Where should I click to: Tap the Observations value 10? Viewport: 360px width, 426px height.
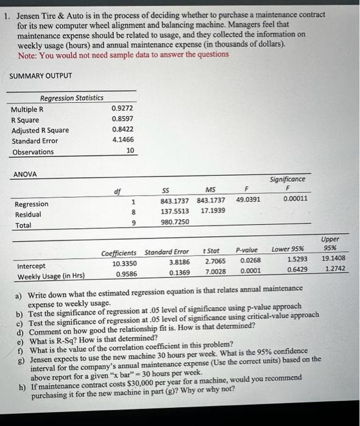[x=130, y=152]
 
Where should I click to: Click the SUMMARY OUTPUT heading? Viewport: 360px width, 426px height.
[x=40, y=75]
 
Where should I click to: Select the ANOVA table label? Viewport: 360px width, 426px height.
[x=25, y=174]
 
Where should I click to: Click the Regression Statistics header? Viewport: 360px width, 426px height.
[x=71, y=98]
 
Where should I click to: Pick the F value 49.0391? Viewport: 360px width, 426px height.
[x=248, y=199]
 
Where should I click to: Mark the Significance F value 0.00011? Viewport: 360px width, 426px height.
[x=295, y=198]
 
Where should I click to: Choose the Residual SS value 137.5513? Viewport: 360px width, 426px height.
[x=175, y=211]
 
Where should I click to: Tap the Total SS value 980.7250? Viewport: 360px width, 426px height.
[x=175, y=222]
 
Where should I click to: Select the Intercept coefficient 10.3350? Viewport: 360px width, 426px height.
[x=124, y=264]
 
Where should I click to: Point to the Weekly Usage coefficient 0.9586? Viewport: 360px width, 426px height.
[x=124, y=274]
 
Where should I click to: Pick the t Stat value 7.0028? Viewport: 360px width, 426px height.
[x=216, y=271]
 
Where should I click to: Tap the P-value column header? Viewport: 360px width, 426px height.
[x=246, y=250]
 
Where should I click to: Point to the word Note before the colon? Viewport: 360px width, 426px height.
[x=27, y=54]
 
